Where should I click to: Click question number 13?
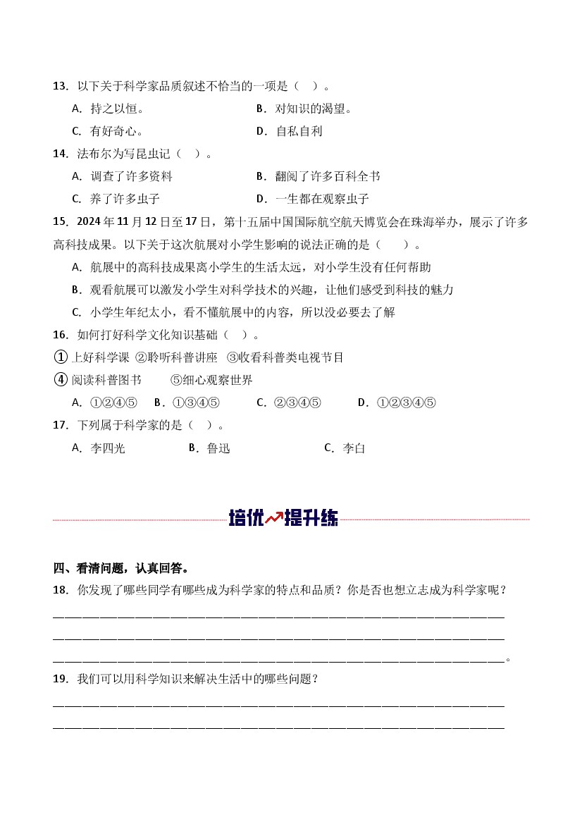click(59, 86)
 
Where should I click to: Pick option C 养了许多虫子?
click(116, 199)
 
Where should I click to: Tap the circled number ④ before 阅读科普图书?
click(60, 380)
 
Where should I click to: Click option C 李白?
click(345, 448)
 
